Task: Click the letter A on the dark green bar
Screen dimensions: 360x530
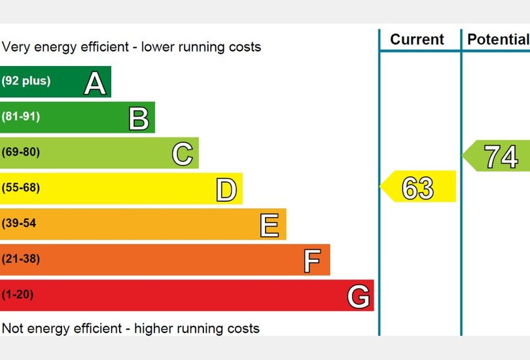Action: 95,83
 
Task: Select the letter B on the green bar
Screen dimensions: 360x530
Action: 139,118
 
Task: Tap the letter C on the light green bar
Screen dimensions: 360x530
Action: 183,154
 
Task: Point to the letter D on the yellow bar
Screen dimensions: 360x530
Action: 226,190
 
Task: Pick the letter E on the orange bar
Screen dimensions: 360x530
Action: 270,225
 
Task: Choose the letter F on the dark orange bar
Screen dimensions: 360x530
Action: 313,261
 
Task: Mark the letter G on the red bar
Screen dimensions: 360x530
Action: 359,297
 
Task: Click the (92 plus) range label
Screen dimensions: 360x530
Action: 26,81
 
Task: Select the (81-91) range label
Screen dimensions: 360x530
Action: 21,117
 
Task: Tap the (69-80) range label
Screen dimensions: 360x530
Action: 21,152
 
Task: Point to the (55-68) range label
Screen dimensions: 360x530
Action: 21,188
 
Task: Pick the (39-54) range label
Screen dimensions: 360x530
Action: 20,223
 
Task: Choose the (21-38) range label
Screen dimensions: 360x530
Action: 21,259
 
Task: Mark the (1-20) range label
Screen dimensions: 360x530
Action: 18,295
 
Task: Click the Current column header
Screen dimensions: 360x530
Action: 417,39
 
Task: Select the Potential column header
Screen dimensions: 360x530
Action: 497,39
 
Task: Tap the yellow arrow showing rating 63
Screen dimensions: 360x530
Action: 419,187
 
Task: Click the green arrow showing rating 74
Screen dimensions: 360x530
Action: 499,156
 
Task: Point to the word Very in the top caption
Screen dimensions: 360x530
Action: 16,47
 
